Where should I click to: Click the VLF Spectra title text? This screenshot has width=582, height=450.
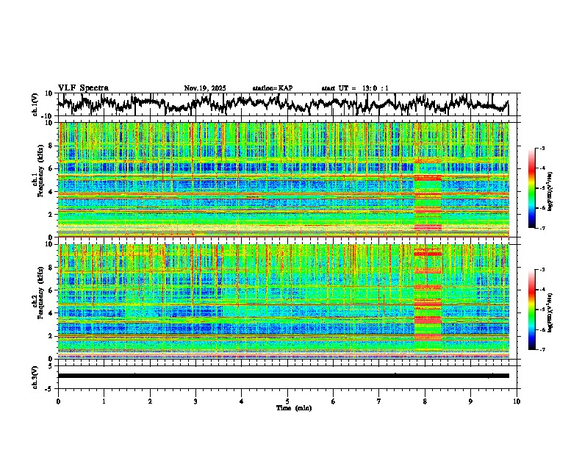83,87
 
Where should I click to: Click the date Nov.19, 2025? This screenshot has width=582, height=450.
205,88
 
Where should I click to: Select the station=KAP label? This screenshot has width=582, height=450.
273,88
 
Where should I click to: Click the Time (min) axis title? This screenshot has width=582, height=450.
287,407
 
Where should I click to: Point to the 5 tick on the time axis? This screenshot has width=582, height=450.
287,401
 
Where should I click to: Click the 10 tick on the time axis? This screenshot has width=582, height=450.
517,401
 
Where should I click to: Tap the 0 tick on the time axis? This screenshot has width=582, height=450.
58,401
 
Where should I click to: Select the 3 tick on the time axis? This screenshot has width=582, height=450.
195,401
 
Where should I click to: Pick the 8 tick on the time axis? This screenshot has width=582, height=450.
425,401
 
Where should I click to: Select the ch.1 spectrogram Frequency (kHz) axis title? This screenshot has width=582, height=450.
39,180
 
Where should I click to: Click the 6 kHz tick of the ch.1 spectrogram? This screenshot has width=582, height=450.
51,168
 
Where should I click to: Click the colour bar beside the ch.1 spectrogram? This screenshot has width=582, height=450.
537,188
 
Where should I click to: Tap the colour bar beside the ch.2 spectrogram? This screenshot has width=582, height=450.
537,310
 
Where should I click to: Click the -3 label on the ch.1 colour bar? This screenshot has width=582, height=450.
544,149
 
